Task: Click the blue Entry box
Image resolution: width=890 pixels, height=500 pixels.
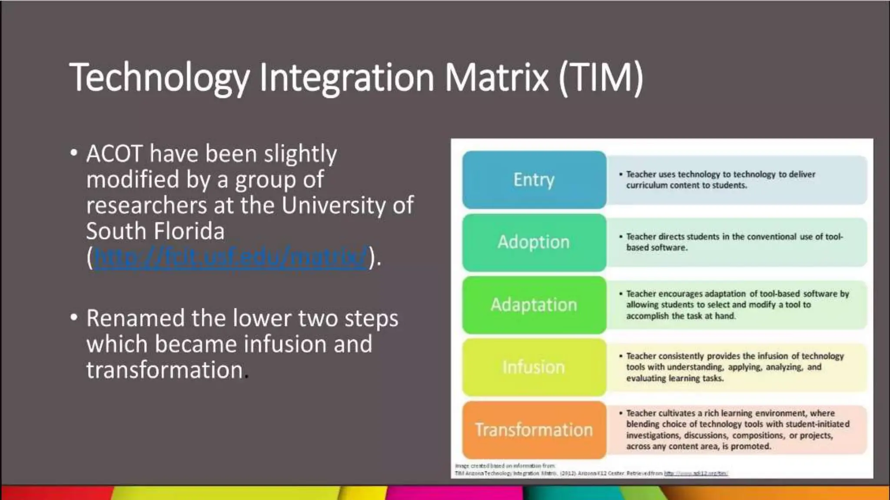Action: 534,180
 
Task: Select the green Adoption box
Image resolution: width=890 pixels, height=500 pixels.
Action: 534,242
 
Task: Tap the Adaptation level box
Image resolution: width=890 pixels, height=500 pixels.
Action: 534,305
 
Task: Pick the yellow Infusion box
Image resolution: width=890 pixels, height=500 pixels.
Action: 534,367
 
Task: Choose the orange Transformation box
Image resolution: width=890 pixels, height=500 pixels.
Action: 534,430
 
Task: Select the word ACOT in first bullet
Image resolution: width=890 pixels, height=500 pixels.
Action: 114,154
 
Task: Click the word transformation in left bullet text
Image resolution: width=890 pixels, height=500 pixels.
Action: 164,370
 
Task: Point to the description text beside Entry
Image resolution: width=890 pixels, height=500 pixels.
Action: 720,180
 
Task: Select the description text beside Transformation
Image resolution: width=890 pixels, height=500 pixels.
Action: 737,430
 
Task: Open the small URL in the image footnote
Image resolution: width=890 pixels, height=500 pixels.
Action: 696,474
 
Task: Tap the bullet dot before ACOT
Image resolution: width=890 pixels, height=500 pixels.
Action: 74,153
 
